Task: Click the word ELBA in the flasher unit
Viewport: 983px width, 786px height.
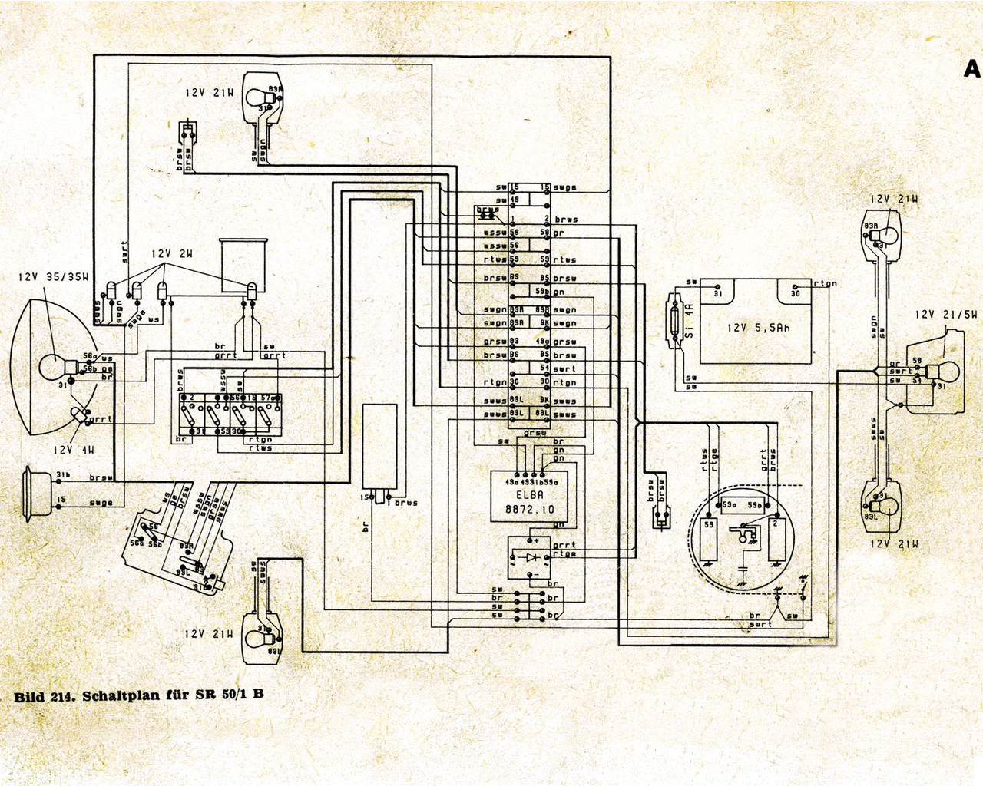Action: (525, 495)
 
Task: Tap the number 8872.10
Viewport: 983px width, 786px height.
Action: (529, 510)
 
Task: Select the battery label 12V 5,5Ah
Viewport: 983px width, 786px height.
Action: (758, 328)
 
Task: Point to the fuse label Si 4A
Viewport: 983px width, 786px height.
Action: (689, 321)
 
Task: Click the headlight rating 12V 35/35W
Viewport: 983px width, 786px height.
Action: (54, 276)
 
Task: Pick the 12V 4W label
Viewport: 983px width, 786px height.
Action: (74, 450)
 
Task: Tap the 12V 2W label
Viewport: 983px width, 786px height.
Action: (171, 254)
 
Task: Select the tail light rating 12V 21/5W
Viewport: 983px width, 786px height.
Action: (946, 315)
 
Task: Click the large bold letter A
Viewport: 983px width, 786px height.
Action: (971, 69)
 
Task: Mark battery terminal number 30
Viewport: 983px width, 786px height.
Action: (796, 293)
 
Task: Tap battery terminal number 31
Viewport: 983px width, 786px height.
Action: (717, 293)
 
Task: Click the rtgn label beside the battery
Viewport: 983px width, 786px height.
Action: (826, 284)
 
